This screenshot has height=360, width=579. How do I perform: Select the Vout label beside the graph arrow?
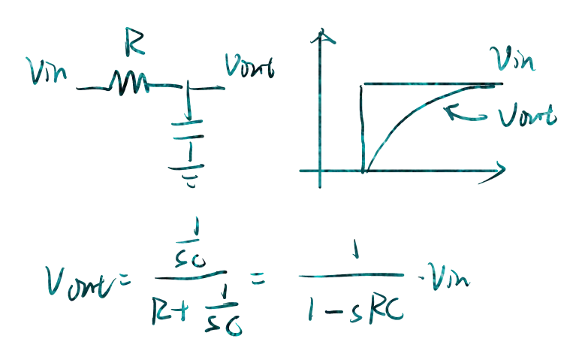pos(526,116)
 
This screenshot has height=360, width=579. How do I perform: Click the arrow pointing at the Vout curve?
pos(466,113)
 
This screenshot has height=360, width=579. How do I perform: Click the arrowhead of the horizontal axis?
pos(496,170)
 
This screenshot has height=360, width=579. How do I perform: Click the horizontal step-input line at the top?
pos(432,83)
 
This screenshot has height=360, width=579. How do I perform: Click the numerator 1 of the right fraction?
pos(354,256)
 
